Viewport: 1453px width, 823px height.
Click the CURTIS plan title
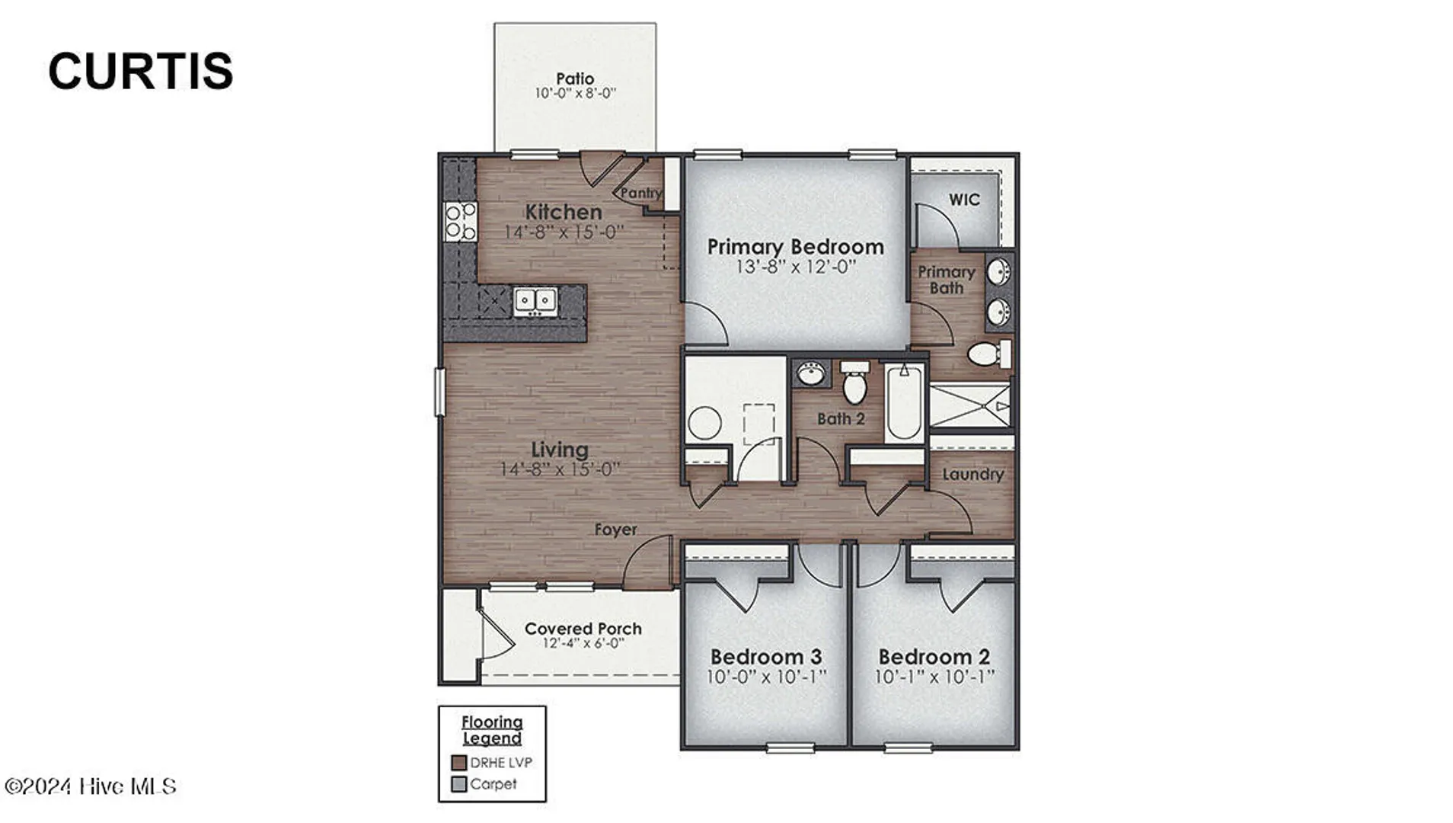point(140,71)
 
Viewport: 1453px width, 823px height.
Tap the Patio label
point(575,78)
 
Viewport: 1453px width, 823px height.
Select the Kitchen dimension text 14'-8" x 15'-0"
point(564,232)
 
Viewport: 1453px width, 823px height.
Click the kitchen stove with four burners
point(460,222)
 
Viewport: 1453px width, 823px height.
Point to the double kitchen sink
point(535,300)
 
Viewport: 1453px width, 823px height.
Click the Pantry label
point(641,193)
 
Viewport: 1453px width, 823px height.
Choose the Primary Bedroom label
point(796,247)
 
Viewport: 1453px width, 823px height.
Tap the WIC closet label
point(964,200)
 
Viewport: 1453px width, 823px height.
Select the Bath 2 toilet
point(854,383)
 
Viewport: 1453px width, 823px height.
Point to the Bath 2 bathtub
point(904,402)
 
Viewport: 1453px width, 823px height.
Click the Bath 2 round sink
point(811,374)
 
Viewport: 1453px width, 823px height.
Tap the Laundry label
point(973,474)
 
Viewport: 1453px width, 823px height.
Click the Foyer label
point(615,530)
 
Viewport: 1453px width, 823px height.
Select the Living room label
point(560,450)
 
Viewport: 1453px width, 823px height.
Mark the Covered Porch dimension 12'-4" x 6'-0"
point(583,643)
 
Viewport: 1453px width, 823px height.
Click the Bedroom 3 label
point(766,657)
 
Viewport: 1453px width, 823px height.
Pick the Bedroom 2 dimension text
point(934,677)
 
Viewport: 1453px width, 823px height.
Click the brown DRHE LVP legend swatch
point(458,763)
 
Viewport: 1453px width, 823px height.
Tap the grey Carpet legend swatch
point(458,784)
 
